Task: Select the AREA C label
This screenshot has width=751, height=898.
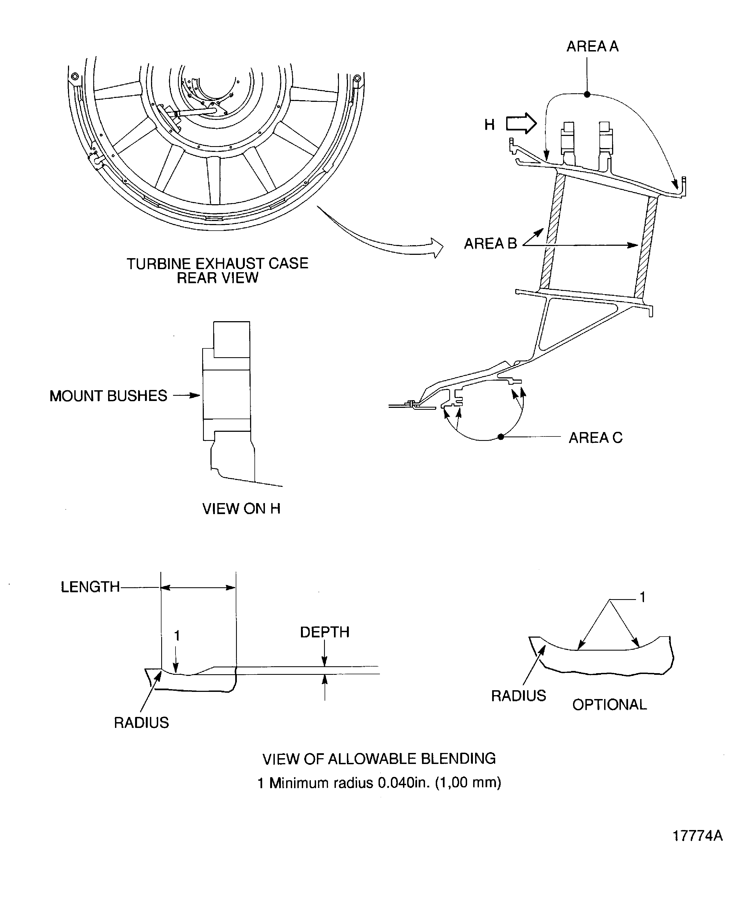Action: [x=595, y=438]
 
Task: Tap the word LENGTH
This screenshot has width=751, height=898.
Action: [x=90, y=587]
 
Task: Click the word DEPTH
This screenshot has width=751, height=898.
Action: [x=324, y=632]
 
